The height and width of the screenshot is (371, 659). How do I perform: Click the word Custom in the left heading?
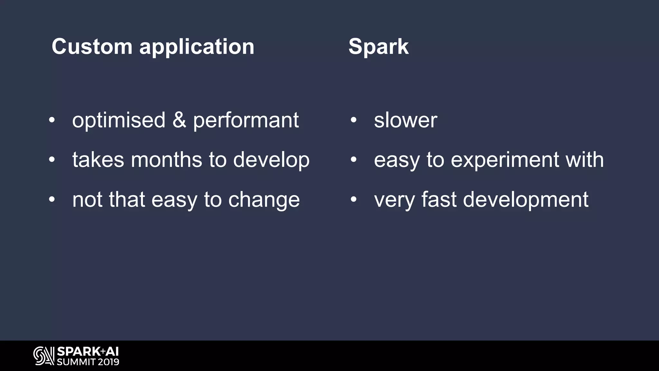coord(92,47)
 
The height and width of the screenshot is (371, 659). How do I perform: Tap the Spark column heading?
coord(378,47)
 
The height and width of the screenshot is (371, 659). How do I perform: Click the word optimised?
coord(119,120)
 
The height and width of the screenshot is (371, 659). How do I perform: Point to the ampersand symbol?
coord(179,120)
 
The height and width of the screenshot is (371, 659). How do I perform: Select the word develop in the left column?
coord(271,160)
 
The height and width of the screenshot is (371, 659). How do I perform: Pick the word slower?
coord(405,120)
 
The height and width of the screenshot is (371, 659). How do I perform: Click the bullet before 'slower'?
coord(353,120)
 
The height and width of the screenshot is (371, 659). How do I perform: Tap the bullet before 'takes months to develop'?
coord(52,160)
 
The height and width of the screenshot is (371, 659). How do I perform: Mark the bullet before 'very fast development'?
coord(353,200)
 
